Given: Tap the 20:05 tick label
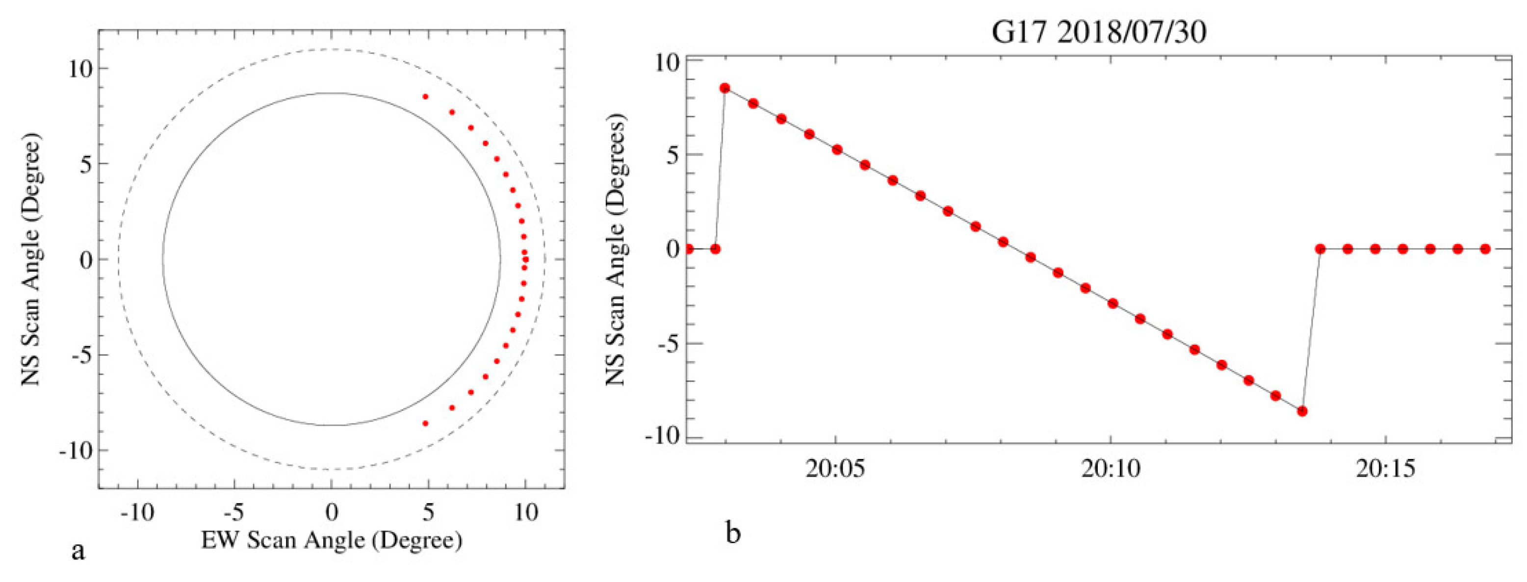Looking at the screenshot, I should tap(835, 469).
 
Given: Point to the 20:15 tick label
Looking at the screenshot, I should tap(1385, 469).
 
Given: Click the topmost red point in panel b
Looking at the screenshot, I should tap(725, 88).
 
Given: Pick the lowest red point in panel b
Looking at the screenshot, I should tap(1302, 411).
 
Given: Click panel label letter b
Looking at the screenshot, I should tap(733, 533).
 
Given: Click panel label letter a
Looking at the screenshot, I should tap(78, 551).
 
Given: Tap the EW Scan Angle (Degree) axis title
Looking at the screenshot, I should tap(332, 540).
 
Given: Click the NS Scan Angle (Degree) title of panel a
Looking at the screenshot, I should tap(31, 259).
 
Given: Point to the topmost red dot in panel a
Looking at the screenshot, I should tap(425, 97).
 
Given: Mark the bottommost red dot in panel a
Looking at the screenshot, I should tap(425, 423).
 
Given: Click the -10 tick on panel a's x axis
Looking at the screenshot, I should tap(137, 512).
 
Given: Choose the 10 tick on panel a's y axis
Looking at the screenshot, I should tap(79, 69).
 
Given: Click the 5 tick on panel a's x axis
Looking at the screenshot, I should tap(428, 512).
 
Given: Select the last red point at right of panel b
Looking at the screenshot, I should tap(1485, 249).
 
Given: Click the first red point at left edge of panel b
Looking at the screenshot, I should tap(689, 249).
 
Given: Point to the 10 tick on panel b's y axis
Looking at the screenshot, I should tap(668, 61).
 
